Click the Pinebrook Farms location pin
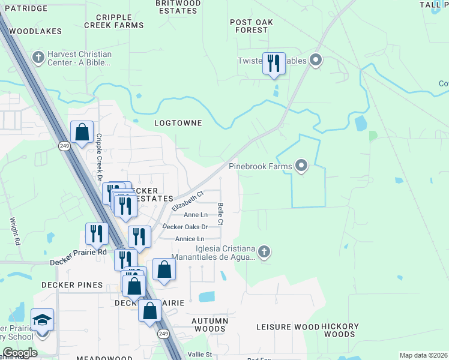point(301,166)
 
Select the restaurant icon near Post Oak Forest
point(274,63)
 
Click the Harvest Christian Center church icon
point(39,58)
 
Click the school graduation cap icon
point(42,320)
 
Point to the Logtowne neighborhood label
point(178,123)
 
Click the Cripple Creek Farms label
point(114,21)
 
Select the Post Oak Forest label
point(249,26)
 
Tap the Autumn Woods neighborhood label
point(210,325)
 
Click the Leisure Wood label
point(288,327)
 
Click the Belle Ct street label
point(221,214)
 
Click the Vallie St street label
point(201,355)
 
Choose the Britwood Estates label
point(178,7)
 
